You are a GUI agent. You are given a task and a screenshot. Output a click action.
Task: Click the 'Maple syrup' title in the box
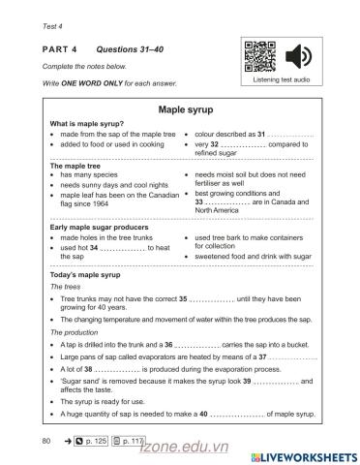tap(180, 111)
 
